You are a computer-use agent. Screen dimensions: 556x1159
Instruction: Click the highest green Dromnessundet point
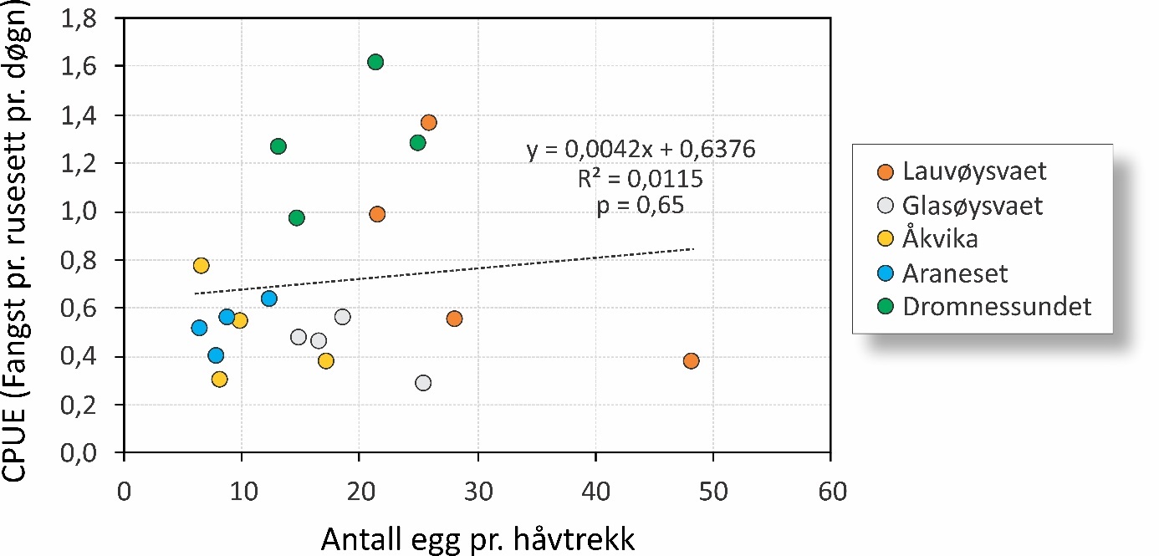[375, 62]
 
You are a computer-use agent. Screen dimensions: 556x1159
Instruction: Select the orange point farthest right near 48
[691, 361]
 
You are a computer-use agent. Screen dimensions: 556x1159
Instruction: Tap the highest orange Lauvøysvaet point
[429, 123]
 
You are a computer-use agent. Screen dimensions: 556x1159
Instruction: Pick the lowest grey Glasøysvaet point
[423, 383]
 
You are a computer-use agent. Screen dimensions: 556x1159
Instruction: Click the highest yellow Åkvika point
[201, 266]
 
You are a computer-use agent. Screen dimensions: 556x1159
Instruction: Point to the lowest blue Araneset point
[216, 355]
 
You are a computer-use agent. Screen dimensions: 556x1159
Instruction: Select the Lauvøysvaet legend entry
[974, 172]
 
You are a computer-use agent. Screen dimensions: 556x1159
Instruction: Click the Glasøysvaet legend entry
[973, 206]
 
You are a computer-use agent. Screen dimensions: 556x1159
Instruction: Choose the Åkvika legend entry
[940, 239]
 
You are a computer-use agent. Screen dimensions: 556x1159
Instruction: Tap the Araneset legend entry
[955, 273]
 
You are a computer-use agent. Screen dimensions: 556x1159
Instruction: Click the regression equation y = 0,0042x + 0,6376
[641, 150]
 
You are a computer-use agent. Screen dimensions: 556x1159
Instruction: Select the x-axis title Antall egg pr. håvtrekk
[477, 538]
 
